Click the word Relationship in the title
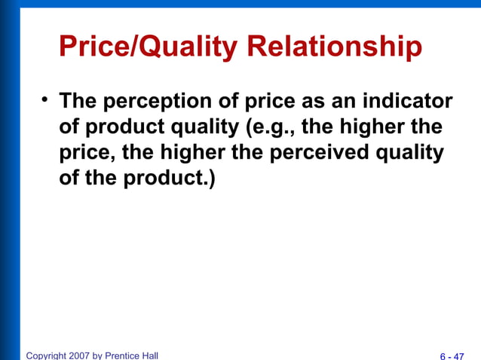(333, 48)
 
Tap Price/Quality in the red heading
(148, 48)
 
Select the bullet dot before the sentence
(45, 99)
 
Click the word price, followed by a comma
(87, 151)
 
